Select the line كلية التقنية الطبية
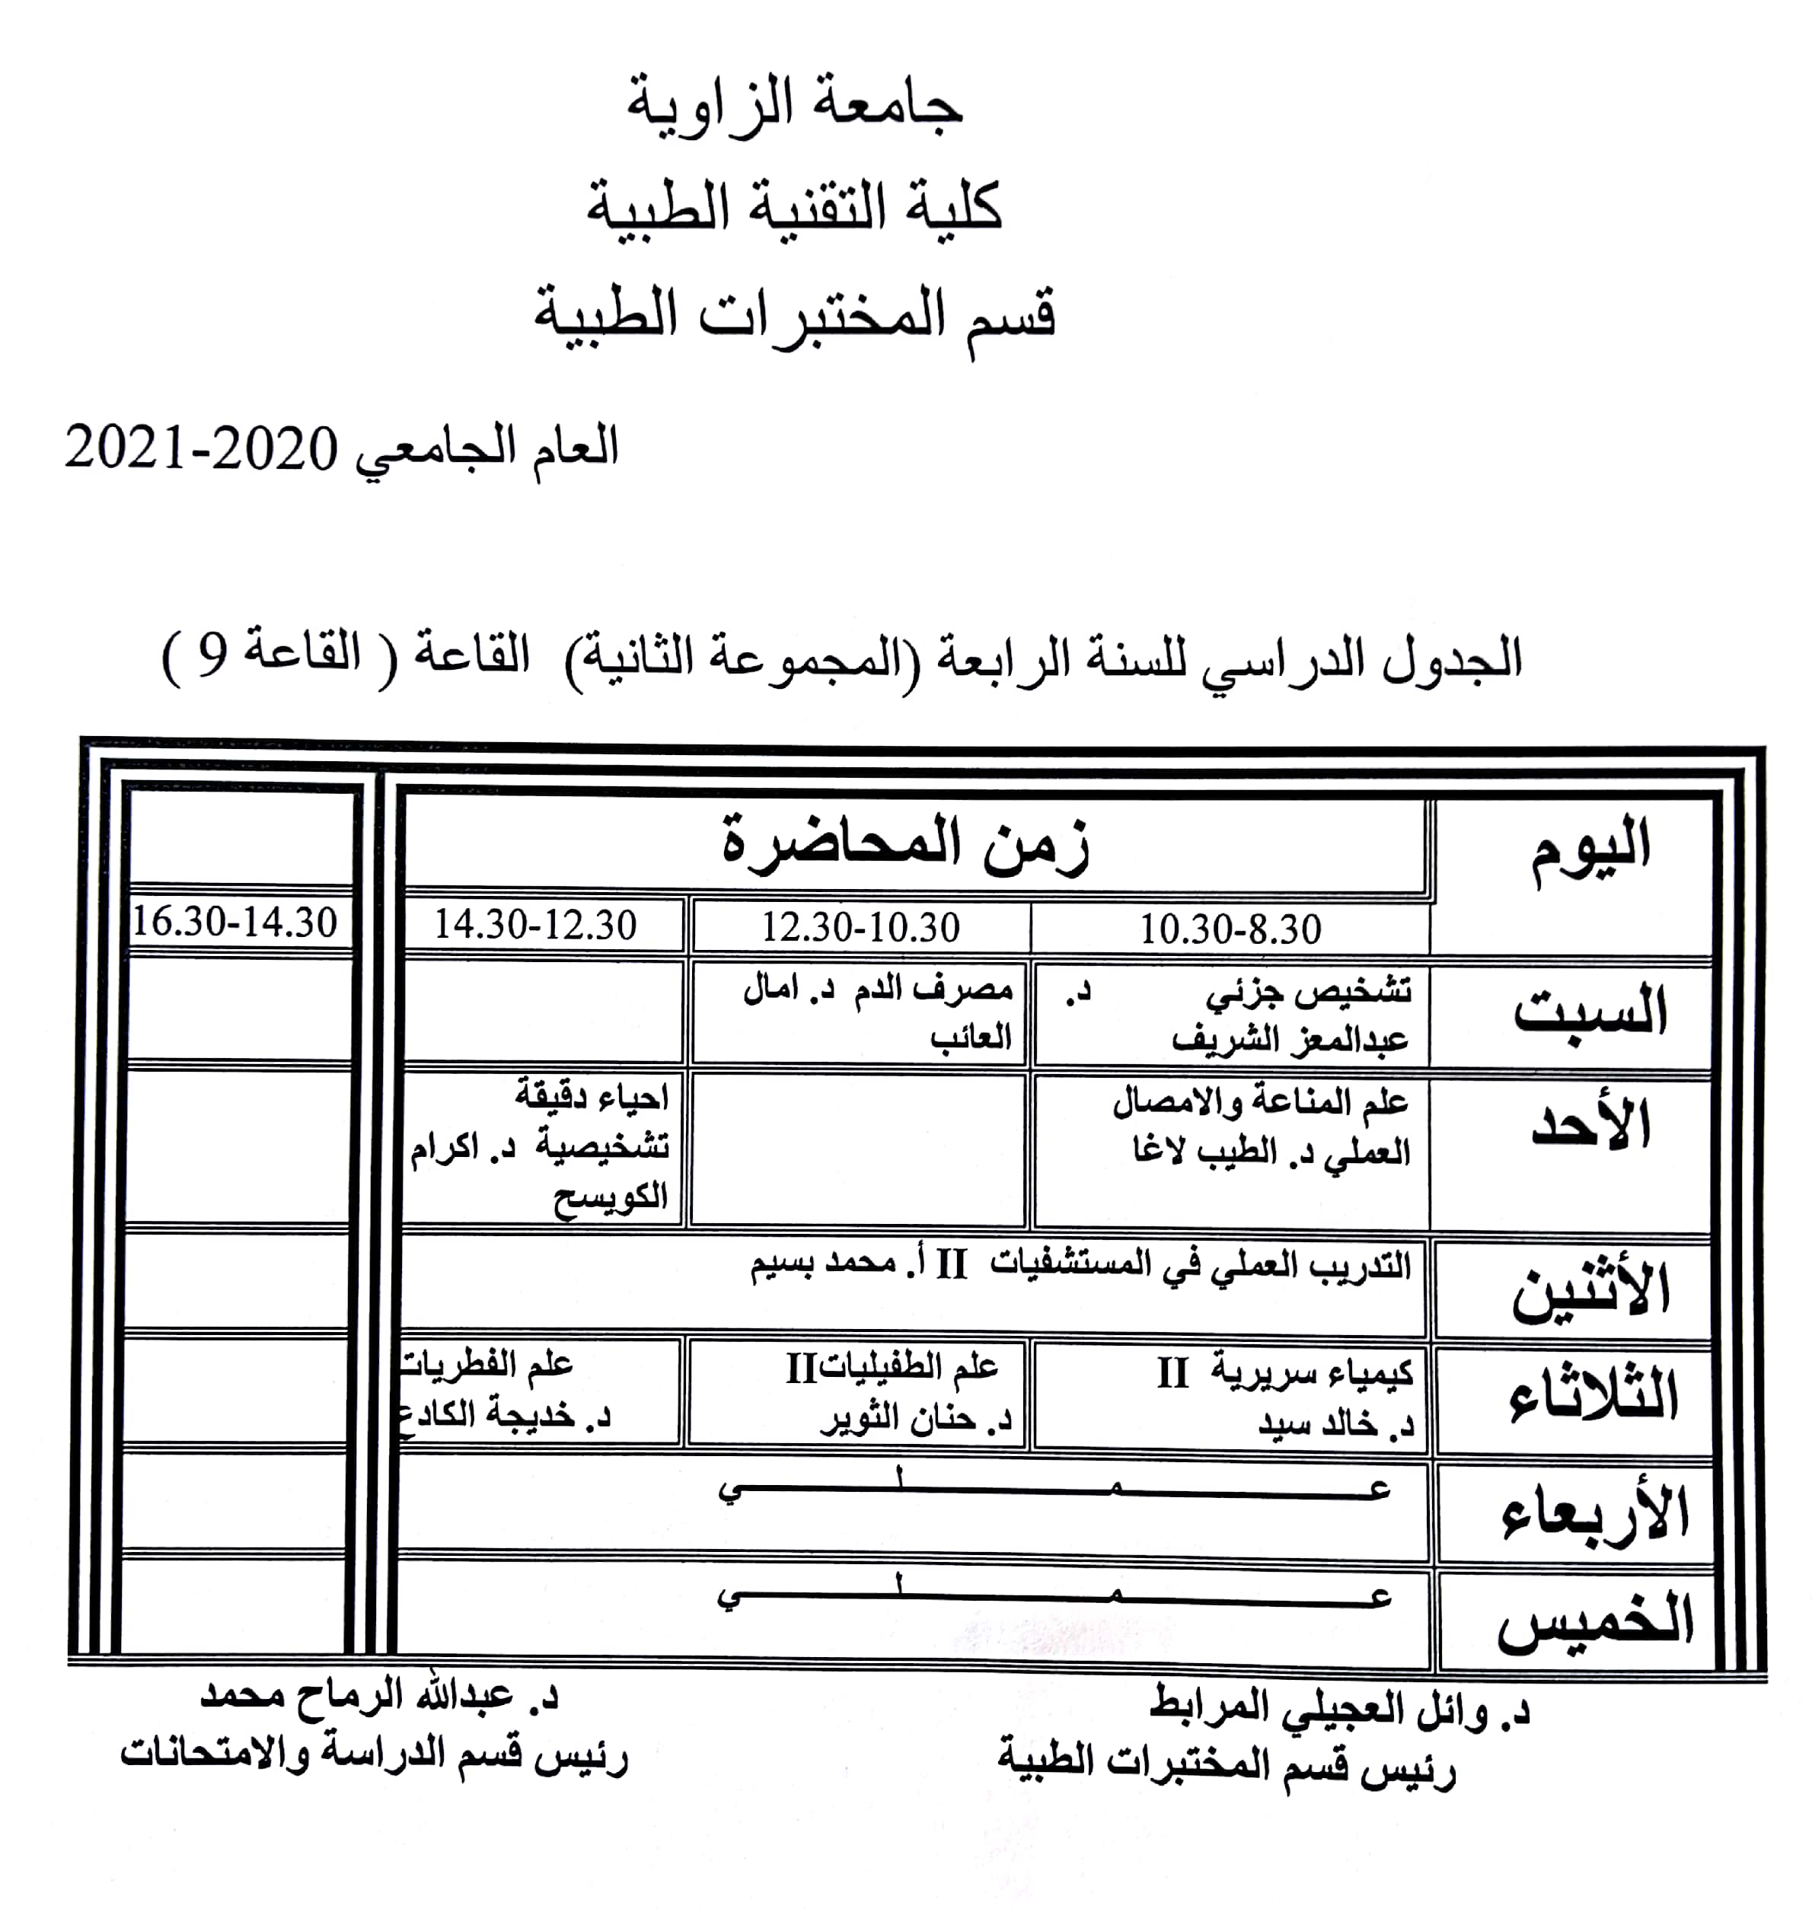[794, 208]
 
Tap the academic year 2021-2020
[201, 449]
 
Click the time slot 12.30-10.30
[860, 928]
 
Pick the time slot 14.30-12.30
[535, 925]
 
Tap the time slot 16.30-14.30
[234, 923]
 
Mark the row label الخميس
[1593, 1623]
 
